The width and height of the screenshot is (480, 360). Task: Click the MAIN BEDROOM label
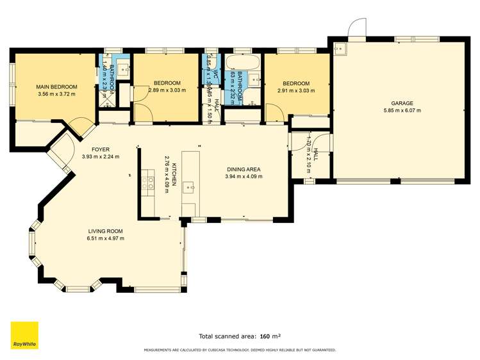(56, 86)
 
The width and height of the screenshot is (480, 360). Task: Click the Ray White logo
(24, 335)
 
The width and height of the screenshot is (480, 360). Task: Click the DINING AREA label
(244, 169)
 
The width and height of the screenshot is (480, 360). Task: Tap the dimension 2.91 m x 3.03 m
(296, 90)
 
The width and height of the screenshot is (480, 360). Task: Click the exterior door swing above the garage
(356, 27)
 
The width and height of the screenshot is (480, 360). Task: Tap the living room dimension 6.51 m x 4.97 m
(106, 238)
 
